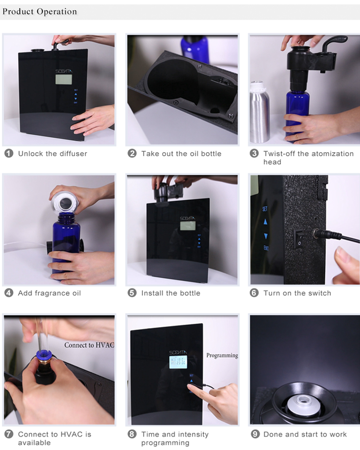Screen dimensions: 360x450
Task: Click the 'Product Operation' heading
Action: pyautogui.click(x=39, y=12)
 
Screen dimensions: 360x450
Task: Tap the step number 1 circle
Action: pyautogui.click(x=9, y=153)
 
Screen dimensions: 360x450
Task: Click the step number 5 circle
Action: pyautogui.click(x=132, y=293)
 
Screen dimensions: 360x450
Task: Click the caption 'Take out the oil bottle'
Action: pyautogui.click(x=181, y=154)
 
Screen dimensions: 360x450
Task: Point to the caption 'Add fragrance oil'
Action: pyautogui.click(x=49, y=293)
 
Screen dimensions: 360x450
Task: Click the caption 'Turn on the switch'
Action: pyautogui.click(x=297, y=293)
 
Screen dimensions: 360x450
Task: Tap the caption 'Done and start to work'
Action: pyautogui.click(x=305, y=434)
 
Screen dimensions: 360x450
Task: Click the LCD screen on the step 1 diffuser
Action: pyautogui.click(x=64, y=80)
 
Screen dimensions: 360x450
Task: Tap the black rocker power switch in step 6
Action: pyautogui.click(x=299, y=239)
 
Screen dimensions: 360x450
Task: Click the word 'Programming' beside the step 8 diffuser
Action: pyautogui.click(x=222, y=355)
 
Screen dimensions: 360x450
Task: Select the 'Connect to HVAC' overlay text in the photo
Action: pyautogui.click(x=89, y=345)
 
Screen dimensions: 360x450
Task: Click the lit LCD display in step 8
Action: pyautogui.click(x=178, y=362)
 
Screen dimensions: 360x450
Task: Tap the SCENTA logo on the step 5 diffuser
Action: pyautogui.click(x=188, y=218)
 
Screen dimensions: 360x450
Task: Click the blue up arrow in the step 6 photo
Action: pyautogui.click(x=265, y=221)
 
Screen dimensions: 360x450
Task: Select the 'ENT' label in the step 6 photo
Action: pyautogui.click(x=266, y=248)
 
